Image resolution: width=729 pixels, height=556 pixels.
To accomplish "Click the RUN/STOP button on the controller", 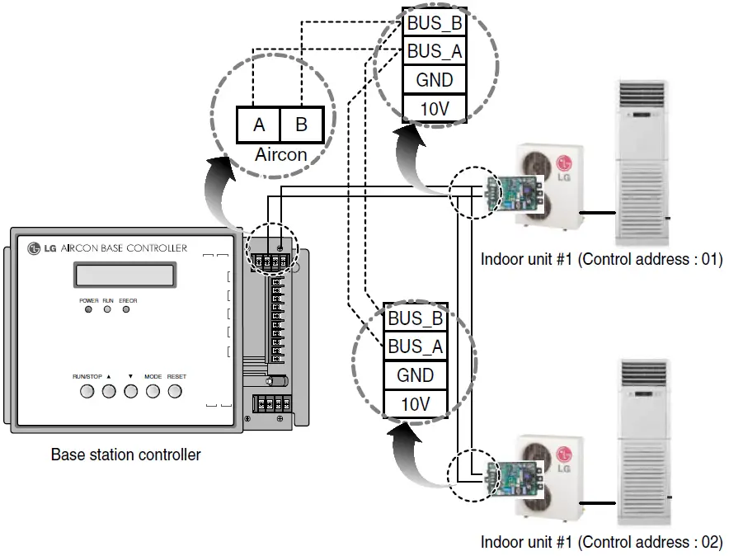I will (x=87, y=390).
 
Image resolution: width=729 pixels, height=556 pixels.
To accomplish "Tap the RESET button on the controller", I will (x=175, y=390).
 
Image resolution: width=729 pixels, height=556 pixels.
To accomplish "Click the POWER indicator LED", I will (x=87, y=310).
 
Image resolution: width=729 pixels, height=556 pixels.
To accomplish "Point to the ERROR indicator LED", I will (x=126, y=310).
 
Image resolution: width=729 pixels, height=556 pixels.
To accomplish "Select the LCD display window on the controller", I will (x=125, y=275).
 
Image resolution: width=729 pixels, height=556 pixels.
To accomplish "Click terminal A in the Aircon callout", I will (x=259, y=125).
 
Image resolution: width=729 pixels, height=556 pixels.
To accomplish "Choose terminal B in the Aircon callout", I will (x=301, y=125).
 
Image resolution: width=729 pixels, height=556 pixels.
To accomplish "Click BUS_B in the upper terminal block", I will (x=435, y=23).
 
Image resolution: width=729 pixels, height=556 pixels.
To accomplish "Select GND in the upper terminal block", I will (x=435, y=80).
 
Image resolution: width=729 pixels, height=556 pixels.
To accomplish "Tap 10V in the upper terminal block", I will (x=435, y=108).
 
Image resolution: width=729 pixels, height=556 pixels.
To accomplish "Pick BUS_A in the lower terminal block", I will (x=416, y=346).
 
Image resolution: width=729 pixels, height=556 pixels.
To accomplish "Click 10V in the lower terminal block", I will (x=416, y=403).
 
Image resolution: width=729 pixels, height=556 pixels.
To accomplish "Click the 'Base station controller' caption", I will (x=126, y=455).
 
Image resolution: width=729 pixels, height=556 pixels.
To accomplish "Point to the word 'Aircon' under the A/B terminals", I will (x=280, y=154).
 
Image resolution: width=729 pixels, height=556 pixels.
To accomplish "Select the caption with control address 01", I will (x=601, y=259).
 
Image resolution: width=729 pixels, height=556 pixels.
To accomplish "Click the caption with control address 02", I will (x=601, y=542).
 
